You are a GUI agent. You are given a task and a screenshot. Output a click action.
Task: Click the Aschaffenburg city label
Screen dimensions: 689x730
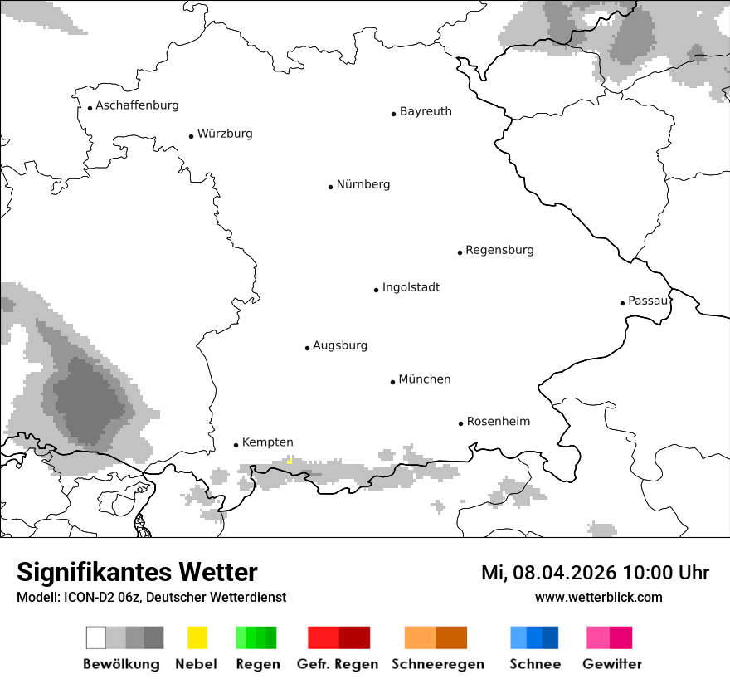tap(137, 105)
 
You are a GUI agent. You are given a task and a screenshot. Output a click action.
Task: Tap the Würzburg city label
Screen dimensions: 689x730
tap(225, 134)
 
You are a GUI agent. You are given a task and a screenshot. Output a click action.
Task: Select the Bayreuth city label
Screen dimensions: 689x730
tap(426, 111)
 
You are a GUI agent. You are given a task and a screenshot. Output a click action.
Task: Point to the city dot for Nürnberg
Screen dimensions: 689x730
tap(330, 187)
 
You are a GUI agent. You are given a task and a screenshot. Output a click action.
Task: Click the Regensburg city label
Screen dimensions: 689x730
tap(499, 250)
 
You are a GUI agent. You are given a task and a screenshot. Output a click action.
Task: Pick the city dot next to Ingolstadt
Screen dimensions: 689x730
tap(376, 290)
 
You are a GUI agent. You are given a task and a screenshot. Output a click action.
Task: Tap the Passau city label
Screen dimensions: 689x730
tap(648, 301)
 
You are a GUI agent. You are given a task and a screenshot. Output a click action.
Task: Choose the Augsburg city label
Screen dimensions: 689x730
tap(340, 345)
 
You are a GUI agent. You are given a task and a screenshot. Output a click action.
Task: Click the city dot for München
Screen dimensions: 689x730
tap(392, 382)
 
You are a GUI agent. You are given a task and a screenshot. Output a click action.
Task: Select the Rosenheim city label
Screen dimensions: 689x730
tap(498, 422)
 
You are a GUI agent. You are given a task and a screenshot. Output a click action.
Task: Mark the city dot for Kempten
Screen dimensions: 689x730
tap(236, 445)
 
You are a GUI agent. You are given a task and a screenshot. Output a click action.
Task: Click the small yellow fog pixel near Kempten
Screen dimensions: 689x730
tap(290, 461)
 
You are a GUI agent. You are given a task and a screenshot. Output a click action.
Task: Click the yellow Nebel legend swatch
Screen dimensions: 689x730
tap(197, 638)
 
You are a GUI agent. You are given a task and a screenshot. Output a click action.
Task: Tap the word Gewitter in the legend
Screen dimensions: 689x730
tap(611, 664)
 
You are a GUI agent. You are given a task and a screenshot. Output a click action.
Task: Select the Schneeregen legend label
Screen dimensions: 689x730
tap(437, 664)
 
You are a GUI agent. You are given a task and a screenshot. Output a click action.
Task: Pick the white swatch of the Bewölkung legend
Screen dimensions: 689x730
tap(96, 638)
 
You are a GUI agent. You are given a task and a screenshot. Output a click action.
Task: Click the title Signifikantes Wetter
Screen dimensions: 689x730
tap(137, 572)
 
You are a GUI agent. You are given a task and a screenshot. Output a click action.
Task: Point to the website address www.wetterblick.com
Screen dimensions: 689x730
tap(598, 597)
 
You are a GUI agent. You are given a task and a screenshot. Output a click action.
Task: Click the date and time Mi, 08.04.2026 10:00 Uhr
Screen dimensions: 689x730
tap(595, 573)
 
